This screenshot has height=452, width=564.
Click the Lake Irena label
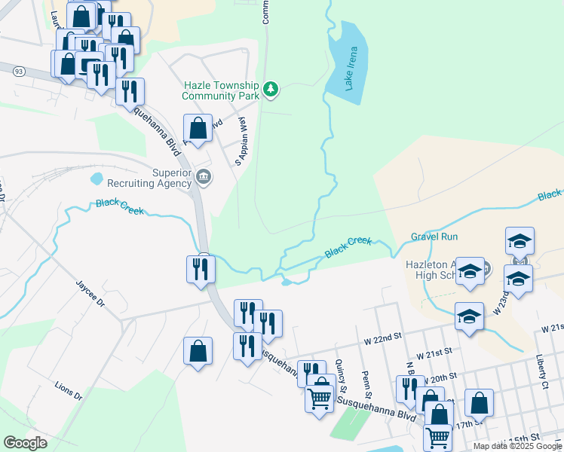tap(352, 69)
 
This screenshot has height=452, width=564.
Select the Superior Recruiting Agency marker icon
tap(204, 178)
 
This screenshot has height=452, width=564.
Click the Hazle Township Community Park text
tap(220, 91)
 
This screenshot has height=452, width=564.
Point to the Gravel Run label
tap(434, 237)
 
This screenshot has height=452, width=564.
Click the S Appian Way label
tap(241, 142)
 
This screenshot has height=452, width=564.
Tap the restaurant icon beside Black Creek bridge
tap(201, 269)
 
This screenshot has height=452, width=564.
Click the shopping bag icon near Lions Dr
tap(198, 351)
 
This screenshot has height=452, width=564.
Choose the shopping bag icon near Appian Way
tap(198, 128)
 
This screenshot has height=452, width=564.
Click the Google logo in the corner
tap(25, 443)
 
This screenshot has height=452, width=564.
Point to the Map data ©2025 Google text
tap(517, 446)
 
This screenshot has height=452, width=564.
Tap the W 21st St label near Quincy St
tap(434, 351)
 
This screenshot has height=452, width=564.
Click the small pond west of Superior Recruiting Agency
tap(96, 179)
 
